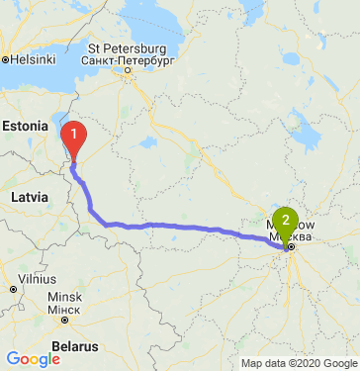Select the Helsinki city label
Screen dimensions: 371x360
pyautogui.click(x=34, y=59)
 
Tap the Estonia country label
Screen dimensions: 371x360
pyautogui.click(x=25, y=126)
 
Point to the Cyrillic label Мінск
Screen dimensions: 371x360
pyautogui.click(x=63, y=309)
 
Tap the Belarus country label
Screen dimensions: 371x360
pyautogui.click(x=75, y=346)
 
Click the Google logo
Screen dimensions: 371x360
pyautogui.click(x=33, y=358)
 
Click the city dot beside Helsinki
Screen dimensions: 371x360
pyautogui.click(x=6, y=59)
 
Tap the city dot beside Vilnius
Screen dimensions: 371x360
pyautogui.click(x=12, y=289)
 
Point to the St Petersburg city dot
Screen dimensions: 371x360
pyautogui.click(x=128, y=70)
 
